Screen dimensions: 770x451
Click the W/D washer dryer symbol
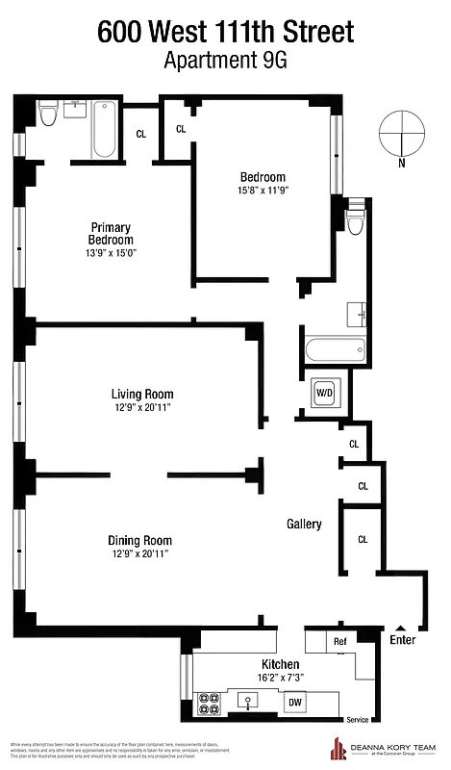point(323,393)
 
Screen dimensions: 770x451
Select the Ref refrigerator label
point(339,641)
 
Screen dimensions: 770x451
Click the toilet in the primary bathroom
point(49,115)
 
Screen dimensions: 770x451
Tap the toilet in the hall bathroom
point(355,220)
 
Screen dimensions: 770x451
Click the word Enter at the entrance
point(403,638)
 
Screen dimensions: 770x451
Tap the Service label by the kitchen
point(357,720)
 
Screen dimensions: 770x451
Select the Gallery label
point(304,524)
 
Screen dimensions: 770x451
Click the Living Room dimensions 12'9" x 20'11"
point(141,407)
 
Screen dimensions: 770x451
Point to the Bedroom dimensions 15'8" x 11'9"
point(263,191)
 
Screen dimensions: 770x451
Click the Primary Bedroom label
point(111,234)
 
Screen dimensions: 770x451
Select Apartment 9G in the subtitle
point(225,61)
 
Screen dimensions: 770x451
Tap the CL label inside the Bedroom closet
point(180,129)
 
